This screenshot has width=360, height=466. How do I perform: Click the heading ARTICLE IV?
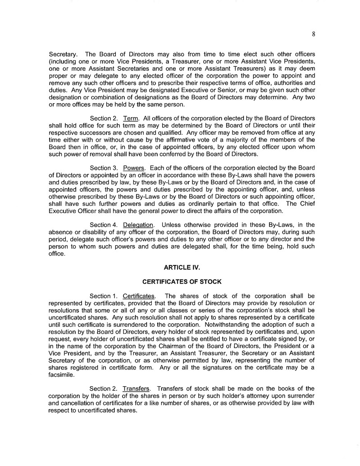tap(182, 267)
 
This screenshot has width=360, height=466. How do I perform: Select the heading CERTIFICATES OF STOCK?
tap(182, 282)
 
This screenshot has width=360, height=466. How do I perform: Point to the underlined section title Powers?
tap(134, 168)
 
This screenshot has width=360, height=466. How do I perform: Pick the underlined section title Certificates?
tap(139, 296)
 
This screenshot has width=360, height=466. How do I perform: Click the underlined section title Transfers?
tap(137, 388)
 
